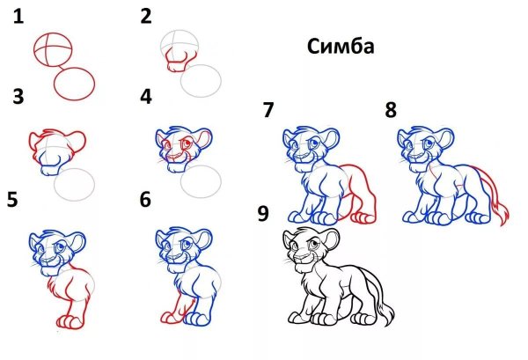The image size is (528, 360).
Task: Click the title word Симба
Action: pyautogui.click(x=341, y=47)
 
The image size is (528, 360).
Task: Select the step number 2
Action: pyautogui.click(x=146, y=15)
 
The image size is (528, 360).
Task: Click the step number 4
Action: pyautogui.click(x=146, y=95)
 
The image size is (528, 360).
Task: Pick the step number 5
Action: pyautogui.click(x=12, y=199)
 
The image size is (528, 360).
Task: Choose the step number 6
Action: pyautogui.click(x=146, y=199)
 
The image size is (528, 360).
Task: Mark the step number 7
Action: pyautogui.click(x=268, y=111)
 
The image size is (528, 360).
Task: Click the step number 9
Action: pyautogui.click(x=263, y=214)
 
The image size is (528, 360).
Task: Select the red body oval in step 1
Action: pyautogui.click(x=75, y=84)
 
